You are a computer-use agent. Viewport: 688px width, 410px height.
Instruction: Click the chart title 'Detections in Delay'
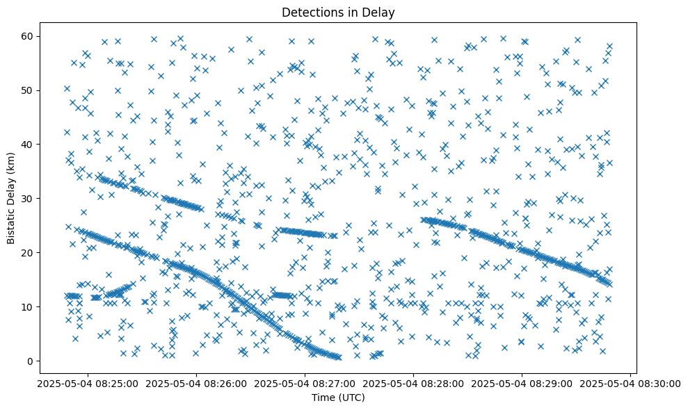337,12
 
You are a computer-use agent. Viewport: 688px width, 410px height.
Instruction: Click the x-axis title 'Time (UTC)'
337,397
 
